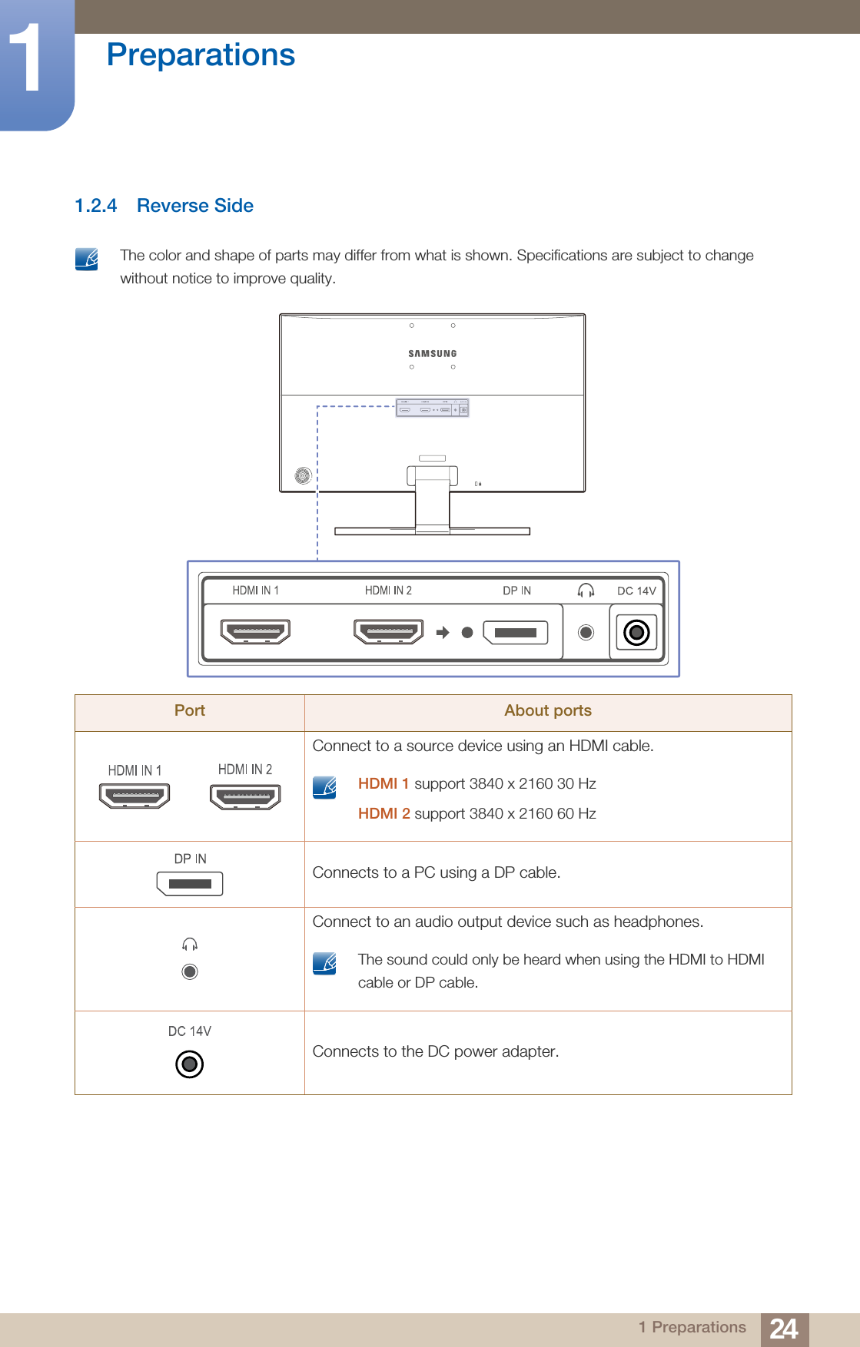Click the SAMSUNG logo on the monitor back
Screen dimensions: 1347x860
pyautogui.click(x=433, y=354)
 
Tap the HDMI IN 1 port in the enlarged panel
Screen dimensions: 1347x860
pyautogui.click(x=255, y=631)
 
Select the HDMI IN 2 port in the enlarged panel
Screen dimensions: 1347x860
pyautogui.click(x=388, y=631)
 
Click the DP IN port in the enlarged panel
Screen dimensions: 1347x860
pyautogui.click(x=515, y=633)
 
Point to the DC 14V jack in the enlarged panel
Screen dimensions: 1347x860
pyautogui.click(x=636, y=633)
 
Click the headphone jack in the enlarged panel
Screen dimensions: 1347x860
pyautogui.click(x=586, y=633)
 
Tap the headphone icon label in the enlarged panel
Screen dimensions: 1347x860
pyautogui.click(x=586, y=590)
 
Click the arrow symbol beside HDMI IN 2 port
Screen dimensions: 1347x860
pyautogui.click(x=443, y=633)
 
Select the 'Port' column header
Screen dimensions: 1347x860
pyautogui.click(x=190, y=711)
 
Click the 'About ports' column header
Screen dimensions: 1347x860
pyautogui.click(x=548, y=711)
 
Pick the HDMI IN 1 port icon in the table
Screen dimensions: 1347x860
pyautogui.click(x=134, y=796)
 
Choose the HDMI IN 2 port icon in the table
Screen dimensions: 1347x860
pyautogui.click(x=245, y=796)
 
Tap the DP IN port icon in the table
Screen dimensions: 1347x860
pyautogui.click(x=190, y=884)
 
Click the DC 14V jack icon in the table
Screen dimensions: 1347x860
pyautogui.click(x=190, y=1064)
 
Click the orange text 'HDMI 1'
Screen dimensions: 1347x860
pyautogui.click(x=383, y=783)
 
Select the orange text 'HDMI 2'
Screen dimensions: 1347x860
pyautogui.click(x=384, y=813)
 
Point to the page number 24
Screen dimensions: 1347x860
pyautogui.click(x=784, y=1329)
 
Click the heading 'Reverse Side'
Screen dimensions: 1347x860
pyautogui.click(x=195, y=206)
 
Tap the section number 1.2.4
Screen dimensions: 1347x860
pyautogui.click(x=96, y=206)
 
